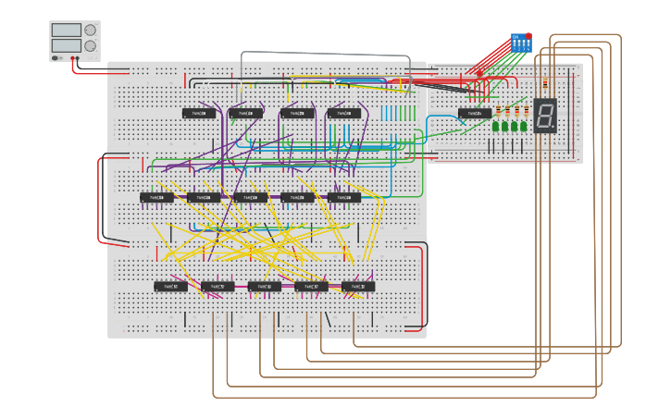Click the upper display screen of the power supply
point(67,31)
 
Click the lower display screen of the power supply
point(67,45)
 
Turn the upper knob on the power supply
point(90,30)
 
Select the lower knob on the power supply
point(90,45)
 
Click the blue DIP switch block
point(520,43)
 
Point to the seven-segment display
point(545,115)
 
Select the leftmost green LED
point(495,126)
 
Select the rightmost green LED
point(524,126)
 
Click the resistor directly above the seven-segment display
point(545,84)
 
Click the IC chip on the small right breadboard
point(475,114)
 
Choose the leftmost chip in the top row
point(199,114)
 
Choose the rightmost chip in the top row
point(344,114)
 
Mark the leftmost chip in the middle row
point(156,197)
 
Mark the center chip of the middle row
point(251,197)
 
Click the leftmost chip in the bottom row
point(170,287)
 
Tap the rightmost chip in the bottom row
point(358,287)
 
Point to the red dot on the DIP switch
point(528,36)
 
